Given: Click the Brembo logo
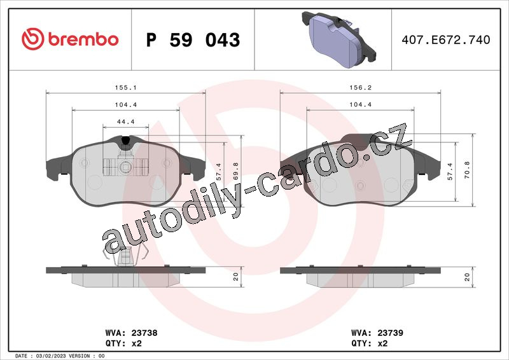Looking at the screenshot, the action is [x=70, y=39].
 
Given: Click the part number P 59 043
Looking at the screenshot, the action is [x=193, y=40].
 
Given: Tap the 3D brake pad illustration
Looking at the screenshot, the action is [x=338, y=39].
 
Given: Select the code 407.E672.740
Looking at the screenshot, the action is [x=446, y=40].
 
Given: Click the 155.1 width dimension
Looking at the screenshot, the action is [x=125, y=88].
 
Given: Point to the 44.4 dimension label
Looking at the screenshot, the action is [x=125, y=121].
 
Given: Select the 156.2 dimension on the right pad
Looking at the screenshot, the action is [x=360, y=88].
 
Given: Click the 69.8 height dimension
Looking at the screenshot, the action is [x=235, y=171].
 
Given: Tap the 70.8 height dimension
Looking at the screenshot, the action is [x=467, y=170].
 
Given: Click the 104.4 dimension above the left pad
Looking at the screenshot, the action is [x=125, y=105].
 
